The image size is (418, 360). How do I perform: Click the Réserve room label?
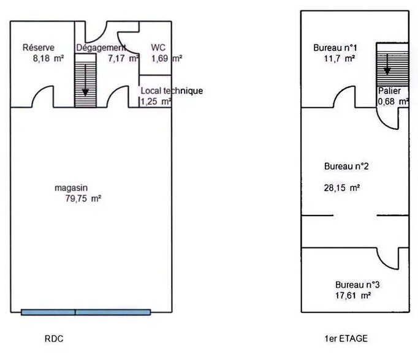point(39,48)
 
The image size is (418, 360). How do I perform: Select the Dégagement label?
point(101,48)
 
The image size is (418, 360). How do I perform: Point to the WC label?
point(158,48)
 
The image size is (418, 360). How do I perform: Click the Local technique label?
point(172,91)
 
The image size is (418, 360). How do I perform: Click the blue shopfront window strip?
point(85,312)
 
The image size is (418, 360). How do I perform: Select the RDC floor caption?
point(54,339)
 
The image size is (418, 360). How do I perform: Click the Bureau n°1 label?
point(331,48)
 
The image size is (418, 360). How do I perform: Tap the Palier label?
point(389,91)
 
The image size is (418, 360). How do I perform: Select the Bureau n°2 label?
point(346,166)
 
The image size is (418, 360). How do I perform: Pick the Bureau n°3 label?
point(357,285)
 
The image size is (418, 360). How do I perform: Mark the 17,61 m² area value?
point(352,295)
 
